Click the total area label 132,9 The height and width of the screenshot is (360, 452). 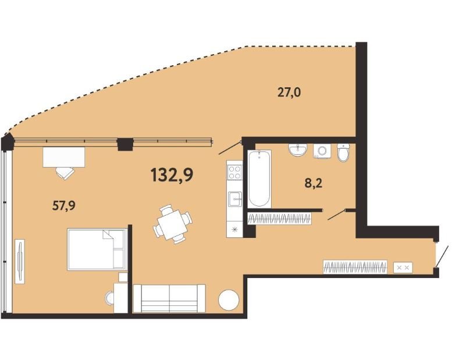[x=172, y=175]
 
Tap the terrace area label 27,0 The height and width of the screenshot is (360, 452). [x=289, y=93]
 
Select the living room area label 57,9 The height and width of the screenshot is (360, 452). [x=64, y=206]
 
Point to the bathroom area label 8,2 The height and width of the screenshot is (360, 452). [x=314, y=183]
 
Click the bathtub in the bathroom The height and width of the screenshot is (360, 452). [x=259, y=179]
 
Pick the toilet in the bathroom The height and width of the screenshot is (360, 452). [x=343, y=153]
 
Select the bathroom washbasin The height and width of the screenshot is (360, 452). [x=297, y=150]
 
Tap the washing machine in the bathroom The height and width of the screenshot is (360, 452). [x=322, y=151]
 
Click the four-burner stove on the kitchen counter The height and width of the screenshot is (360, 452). [x=234, y=172]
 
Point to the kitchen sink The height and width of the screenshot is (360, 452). [x=234, y=199]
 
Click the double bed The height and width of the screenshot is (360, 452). [x=97, y=249]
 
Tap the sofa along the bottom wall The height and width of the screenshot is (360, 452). [x=169, y=298]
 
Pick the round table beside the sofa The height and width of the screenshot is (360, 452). [x=229, y=300]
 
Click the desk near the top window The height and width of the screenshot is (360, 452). [x=64, y=157]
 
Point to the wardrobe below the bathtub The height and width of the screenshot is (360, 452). [x=280, y=219]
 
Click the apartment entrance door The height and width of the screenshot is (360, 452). [x=441, y=256]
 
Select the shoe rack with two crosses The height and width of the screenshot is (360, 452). [x=403, y=268]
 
